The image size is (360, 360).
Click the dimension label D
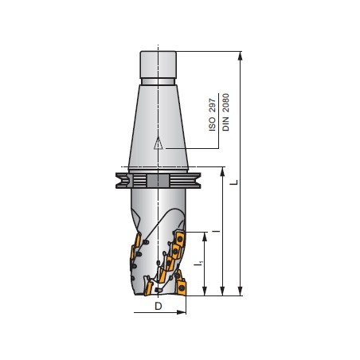click(158, 306)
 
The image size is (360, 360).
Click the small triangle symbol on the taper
click(158, 144)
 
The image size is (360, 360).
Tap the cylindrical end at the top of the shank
click(158, 63)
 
